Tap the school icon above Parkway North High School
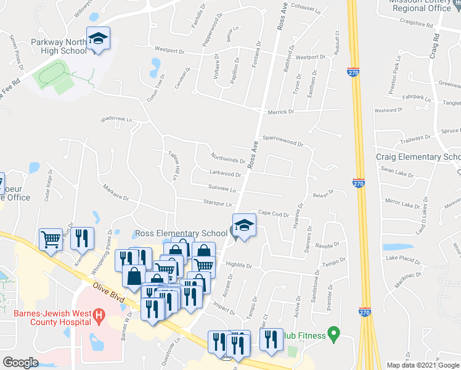[x=98, y=40]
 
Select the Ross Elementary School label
[x=181, y=233]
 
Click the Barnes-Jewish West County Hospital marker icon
[x=99, y=318]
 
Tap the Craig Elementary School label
[x=418, y=157]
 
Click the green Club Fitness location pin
[x=333, y=335]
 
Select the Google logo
[x=21, y=363]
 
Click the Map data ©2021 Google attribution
[x=422, y=365]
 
